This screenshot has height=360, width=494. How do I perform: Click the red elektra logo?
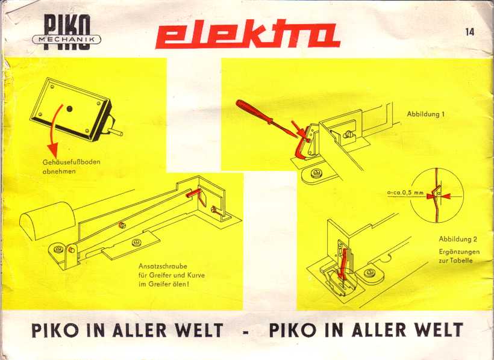pyautogui.click(x=248, y=34)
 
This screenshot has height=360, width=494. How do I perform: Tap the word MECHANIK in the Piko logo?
pyautogui.click(x=66, y=40)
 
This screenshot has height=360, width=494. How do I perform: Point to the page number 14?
pyautogui.click(x=469, y=32)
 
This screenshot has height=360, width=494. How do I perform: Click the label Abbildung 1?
pyautogui.click(x=425, y=114)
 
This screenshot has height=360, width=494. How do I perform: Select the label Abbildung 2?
pyautogui.click(x=458, y=240)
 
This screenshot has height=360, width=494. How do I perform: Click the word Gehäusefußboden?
pyautogui.click(x=71, y=162)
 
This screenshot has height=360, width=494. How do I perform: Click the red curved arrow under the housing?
pyautogui.click(x=57, y=128)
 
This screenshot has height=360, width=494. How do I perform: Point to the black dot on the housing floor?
pyautogui.click(x=70, y=110)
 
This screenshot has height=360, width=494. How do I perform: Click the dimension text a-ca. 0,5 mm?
pyautogui.click(x=405, y=193)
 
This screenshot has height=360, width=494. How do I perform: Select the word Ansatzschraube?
pyautogui.click(x=163, y=266)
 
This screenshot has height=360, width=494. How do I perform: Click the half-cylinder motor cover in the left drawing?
pyautogui.click(x=47, y=220)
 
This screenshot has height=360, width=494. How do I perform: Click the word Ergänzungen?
pyautogui.click(x=459, y=252)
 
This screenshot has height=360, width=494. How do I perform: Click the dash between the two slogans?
pyautogui.click(x=246, y=332)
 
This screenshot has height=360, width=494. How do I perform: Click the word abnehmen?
pyautogui.click(x=59, y=172)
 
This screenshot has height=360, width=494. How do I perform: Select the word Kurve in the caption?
pyautogui.click(x=196, y=275)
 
